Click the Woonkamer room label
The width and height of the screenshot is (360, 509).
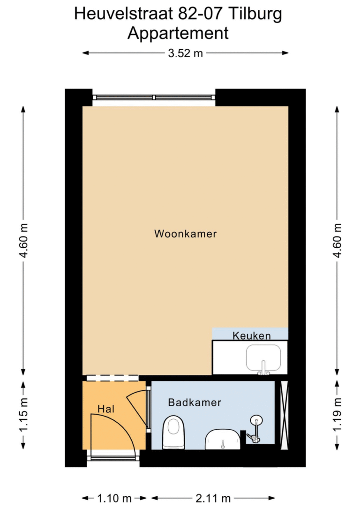[185, 234]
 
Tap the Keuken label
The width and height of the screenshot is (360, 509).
[252, 335]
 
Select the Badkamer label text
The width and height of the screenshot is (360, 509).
[195, 403]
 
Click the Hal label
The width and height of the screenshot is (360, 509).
[106, 409]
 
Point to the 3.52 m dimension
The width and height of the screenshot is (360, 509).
[185, 53]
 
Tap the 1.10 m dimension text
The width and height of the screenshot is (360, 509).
[114, 498]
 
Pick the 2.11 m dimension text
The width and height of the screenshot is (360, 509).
[213, 498]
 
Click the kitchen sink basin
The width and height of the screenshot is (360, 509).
[263, 358]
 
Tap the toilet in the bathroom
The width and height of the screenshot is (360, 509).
[173, 432]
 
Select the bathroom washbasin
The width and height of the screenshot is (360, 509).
[223, 440]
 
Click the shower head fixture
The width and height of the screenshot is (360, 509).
[256, 421]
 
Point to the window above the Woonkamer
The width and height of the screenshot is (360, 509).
[154, 98]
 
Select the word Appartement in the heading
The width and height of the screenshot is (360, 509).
[178, 34]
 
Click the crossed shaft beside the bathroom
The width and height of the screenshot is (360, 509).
[284, 415]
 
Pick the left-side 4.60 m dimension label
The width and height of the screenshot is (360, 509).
[24, 241]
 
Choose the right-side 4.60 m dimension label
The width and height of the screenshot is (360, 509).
[337, 241]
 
